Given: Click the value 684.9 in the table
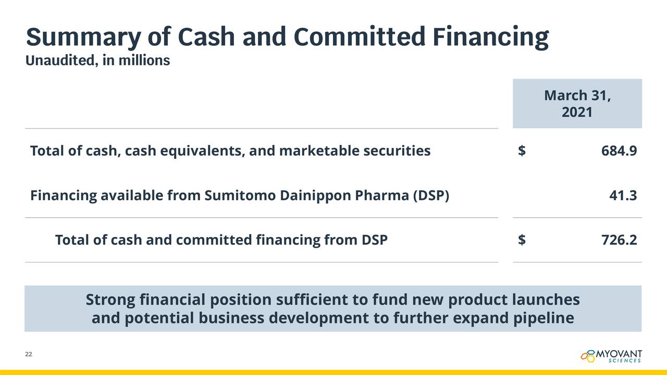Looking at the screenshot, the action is pyautogui.click(x=619, y=151).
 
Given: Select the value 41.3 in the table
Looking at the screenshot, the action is pyautogui.click(x=623, y=195).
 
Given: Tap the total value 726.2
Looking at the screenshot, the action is pyautogui.click(x=619, y=240).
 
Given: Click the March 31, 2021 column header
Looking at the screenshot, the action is pyautogui.click(x=577, y=104).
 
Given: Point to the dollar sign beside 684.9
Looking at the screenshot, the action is pyautogui.click(x=522, y=151).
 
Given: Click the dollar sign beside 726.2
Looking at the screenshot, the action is pyautogui.click(x=522, y=240).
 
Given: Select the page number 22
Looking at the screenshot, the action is pyautogui.click(x=29, y=354).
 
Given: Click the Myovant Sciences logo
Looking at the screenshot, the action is pyautogui.click(x=611, y=356).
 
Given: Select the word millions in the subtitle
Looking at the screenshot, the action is pyautogui.click(x=144, y=60).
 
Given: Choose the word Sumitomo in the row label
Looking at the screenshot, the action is pyautogui.click(x=240, y=195).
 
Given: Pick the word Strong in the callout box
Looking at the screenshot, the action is pyautogui.click(x=110, y=299).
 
